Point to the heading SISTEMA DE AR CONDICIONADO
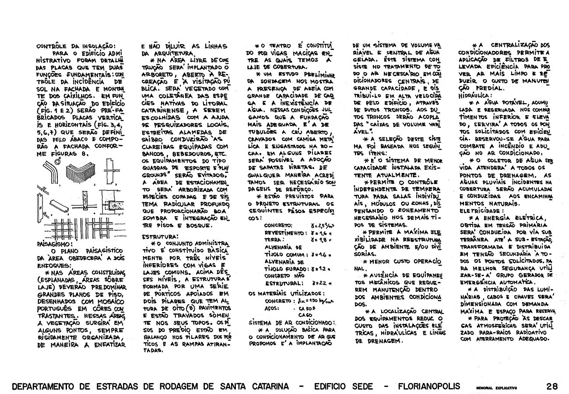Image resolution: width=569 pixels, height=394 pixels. (291, 323)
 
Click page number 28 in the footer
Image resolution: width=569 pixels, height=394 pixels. (552, 387)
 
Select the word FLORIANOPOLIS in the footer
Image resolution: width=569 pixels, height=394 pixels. (429, 387)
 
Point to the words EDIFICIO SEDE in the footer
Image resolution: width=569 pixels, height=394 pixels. (344, 387)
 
